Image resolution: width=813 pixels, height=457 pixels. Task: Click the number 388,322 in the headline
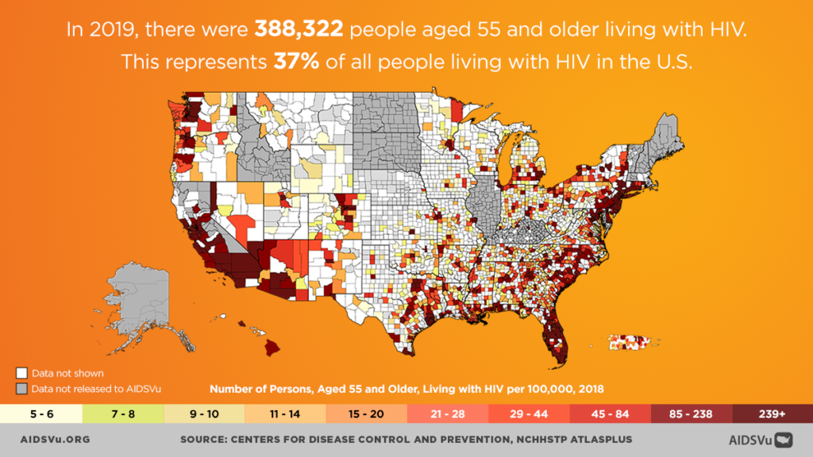[x=298, y=31]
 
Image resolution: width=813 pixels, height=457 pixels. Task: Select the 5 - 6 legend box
[x=40, y=414]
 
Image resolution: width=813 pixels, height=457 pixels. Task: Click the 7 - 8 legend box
[x=121, y=414]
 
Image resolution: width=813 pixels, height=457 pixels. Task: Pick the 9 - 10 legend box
[x=203, y=414]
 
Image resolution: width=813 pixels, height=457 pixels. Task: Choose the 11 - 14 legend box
[x=284, y=414]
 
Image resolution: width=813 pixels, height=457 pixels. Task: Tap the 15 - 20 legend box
[x=365, y=414]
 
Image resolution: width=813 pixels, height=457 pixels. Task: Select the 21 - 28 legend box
[x=447, y=414]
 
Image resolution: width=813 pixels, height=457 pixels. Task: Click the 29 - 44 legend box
[x=528, y=414]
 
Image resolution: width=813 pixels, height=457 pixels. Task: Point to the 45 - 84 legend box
[x=610, y=414]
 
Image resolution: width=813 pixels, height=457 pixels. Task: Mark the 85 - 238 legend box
[x=691, y=414]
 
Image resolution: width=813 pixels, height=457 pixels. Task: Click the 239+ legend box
[x=772, y=414]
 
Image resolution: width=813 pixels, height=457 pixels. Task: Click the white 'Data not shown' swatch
[x=22, y=373]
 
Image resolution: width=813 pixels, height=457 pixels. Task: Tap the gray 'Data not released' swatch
[x=22, y=389]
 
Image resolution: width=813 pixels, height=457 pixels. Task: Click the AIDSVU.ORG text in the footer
[x=54, y=439]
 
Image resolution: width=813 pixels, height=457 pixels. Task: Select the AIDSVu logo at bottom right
[x=760, y=439]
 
